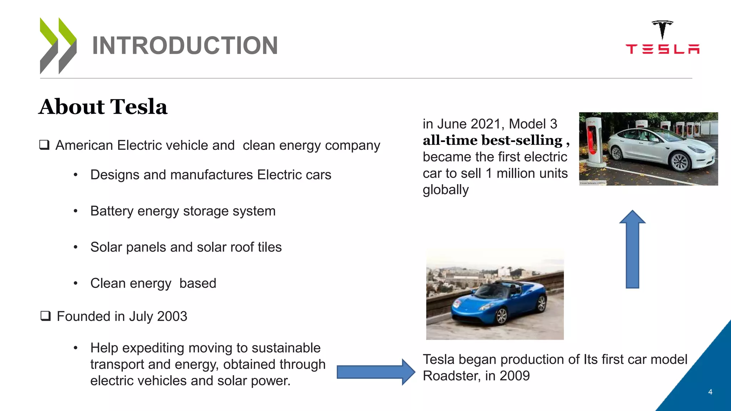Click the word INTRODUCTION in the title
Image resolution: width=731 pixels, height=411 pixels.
(185, 46)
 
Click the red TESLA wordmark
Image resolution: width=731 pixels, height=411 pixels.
(662, 49)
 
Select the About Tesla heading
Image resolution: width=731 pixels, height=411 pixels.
(103, 107)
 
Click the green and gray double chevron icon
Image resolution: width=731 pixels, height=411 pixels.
(58, 46)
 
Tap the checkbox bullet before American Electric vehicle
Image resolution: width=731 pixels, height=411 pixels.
(44, 145)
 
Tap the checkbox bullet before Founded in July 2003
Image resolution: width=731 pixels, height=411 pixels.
(45, 316)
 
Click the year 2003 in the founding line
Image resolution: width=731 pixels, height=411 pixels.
(172, 316)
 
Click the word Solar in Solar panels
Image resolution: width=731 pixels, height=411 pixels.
(106, 247)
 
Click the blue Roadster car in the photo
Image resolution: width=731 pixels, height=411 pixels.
(500, 301)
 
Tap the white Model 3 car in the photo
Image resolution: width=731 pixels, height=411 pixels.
(660, 150)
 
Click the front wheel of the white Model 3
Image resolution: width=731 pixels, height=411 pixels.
(680, 162)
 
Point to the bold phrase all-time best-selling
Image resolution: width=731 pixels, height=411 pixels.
(493, 140)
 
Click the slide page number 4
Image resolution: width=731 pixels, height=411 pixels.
(710, 392)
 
